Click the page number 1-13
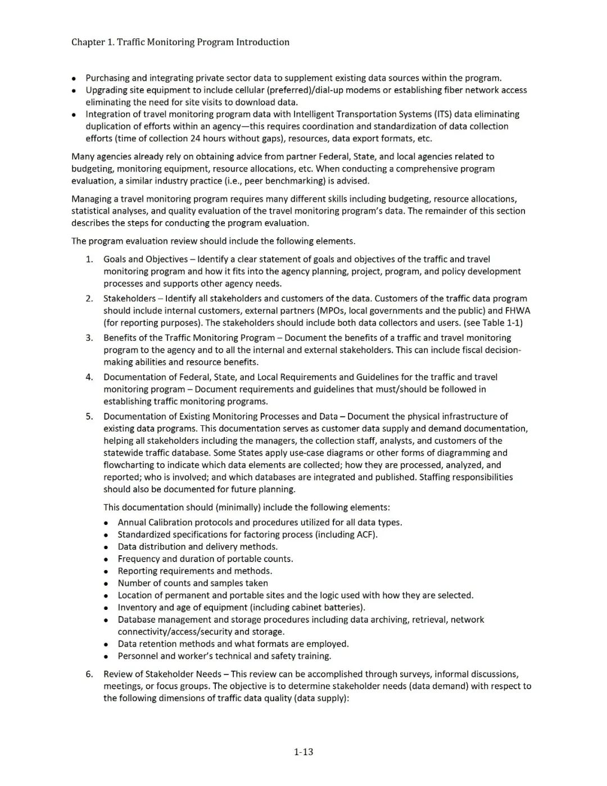tap(303, 752)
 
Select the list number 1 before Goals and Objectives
tap(89, 259)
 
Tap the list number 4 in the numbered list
tap(89, 377)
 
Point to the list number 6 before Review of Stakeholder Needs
tap(89, 674)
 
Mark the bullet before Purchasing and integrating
tap(74, 78)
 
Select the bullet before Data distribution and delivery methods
tap(106, 547)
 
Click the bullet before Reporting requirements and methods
tap(106, 571)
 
